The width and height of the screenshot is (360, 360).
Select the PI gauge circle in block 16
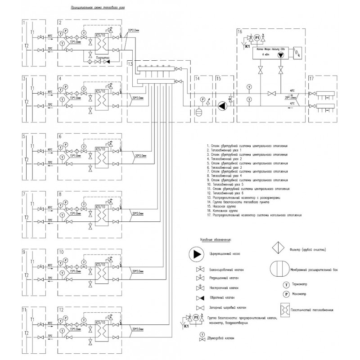[257, 38]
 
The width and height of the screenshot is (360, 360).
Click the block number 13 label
[130, 64]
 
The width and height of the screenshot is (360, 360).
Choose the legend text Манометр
[301, 294]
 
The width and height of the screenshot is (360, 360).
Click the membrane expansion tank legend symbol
[279, 270]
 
